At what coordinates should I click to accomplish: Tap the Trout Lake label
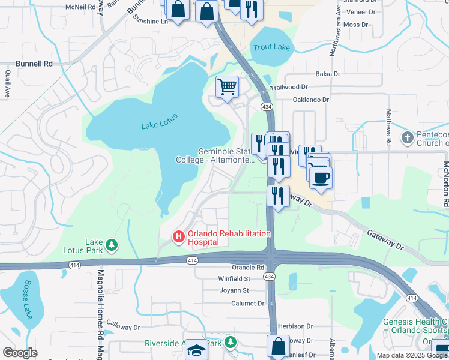[271, 47]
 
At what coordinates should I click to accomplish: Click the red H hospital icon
[178, 237]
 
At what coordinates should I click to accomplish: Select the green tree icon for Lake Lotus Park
[111, 245]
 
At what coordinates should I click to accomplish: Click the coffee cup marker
[321, 177]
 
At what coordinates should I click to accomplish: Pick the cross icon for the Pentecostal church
[407, 138]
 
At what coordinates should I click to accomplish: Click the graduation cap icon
[196, 350]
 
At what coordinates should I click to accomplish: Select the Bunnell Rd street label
[34, 63]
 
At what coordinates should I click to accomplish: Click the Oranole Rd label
[248, 268]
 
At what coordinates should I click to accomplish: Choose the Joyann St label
[234, 290]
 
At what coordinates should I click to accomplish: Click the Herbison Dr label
[295, 326]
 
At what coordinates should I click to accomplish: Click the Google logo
[20, 352]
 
